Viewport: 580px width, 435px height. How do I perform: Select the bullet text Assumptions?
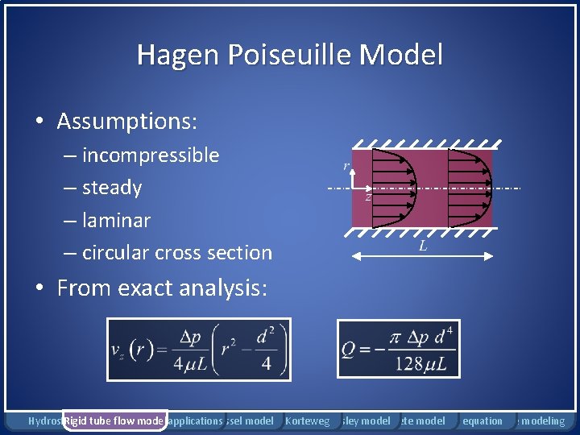coord(127,122)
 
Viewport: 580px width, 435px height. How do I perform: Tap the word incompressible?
coord(150,155)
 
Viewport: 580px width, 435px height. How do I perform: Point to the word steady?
coord(111,188)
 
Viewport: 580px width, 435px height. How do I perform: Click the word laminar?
coord(116,220)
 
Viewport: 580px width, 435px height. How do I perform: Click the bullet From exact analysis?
coord(161,288)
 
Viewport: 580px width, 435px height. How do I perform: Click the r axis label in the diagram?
coord(346,166)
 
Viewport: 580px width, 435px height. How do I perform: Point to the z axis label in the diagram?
coord(368,197)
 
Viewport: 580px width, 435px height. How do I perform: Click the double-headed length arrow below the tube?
coord(423,255)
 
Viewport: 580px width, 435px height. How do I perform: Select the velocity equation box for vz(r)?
coord(198,349)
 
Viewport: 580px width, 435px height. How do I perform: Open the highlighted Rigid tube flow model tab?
coord(114,420)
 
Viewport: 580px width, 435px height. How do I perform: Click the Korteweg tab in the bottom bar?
coord(308,420)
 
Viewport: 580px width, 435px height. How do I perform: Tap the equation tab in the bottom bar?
coord(483,420)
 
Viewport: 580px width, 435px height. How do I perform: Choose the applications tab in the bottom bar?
coord(195,420)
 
